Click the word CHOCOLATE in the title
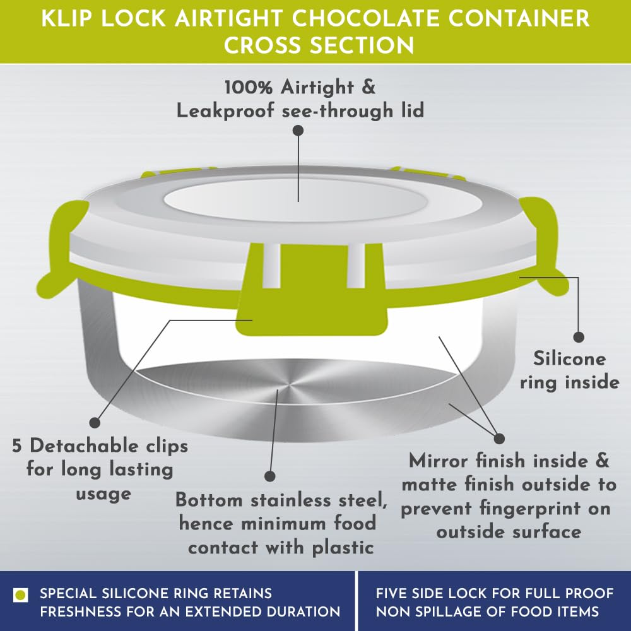click(365, 18)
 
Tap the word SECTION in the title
click(362, 45)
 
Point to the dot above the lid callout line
click(298, 131)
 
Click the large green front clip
click(313, 289)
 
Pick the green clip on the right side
click(544, 245)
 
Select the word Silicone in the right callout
click(569, 358)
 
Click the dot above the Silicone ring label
click(579, 337)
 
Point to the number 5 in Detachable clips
click(16, 446)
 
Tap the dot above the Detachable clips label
click(95, 422)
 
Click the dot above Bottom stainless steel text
click(269, 476)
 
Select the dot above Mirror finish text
click(499, 439)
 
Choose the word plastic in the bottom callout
click(343, 548)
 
